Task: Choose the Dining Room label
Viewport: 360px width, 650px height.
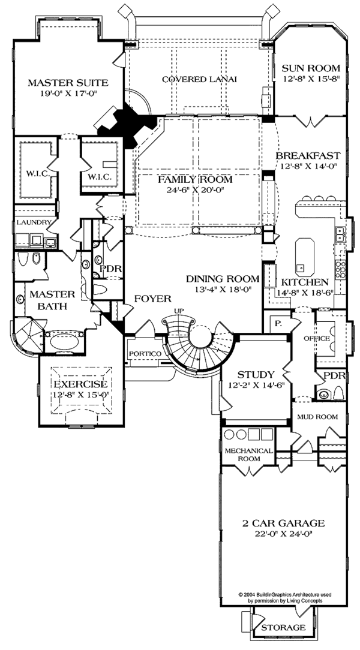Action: (x=222, y=279)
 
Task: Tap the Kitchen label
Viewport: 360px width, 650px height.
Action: (x=305, y=282)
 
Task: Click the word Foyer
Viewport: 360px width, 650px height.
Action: (x=152, y=298)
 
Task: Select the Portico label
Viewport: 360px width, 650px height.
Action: (x=144, y=354)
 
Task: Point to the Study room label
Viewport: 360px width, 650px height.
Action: (x=256, y=375)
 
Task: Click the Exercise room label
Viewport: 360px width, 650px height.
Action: (x=80, y=384)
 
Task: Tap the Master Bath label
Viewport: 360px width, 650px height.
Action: (x=52, y=300)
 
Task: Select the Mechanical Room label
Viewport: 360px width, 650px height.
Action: (x=248, y=455)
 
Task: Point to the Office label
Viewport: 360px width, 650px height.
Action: (x=317, y=338)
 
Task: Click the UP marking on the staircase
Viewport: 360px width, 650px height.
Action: (x=178, y=310)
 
